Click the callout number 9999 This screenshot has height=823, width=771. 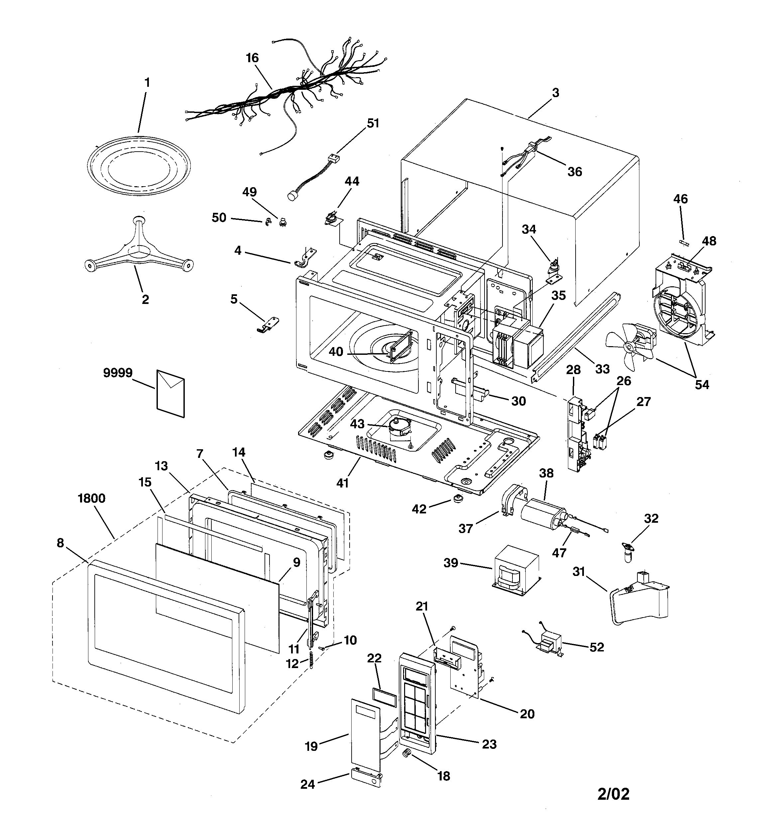[118, 373]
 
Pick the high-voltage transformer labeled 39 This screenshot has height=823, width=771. [515, 570]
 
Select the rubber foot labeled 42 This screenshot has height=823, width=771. [457, 499]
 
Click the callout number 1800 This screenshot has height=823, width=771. [91, 498]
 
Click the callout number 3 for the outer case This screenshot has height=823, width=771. [555, 93]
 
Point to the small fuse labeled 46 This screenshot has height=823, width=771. [683, 243]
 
